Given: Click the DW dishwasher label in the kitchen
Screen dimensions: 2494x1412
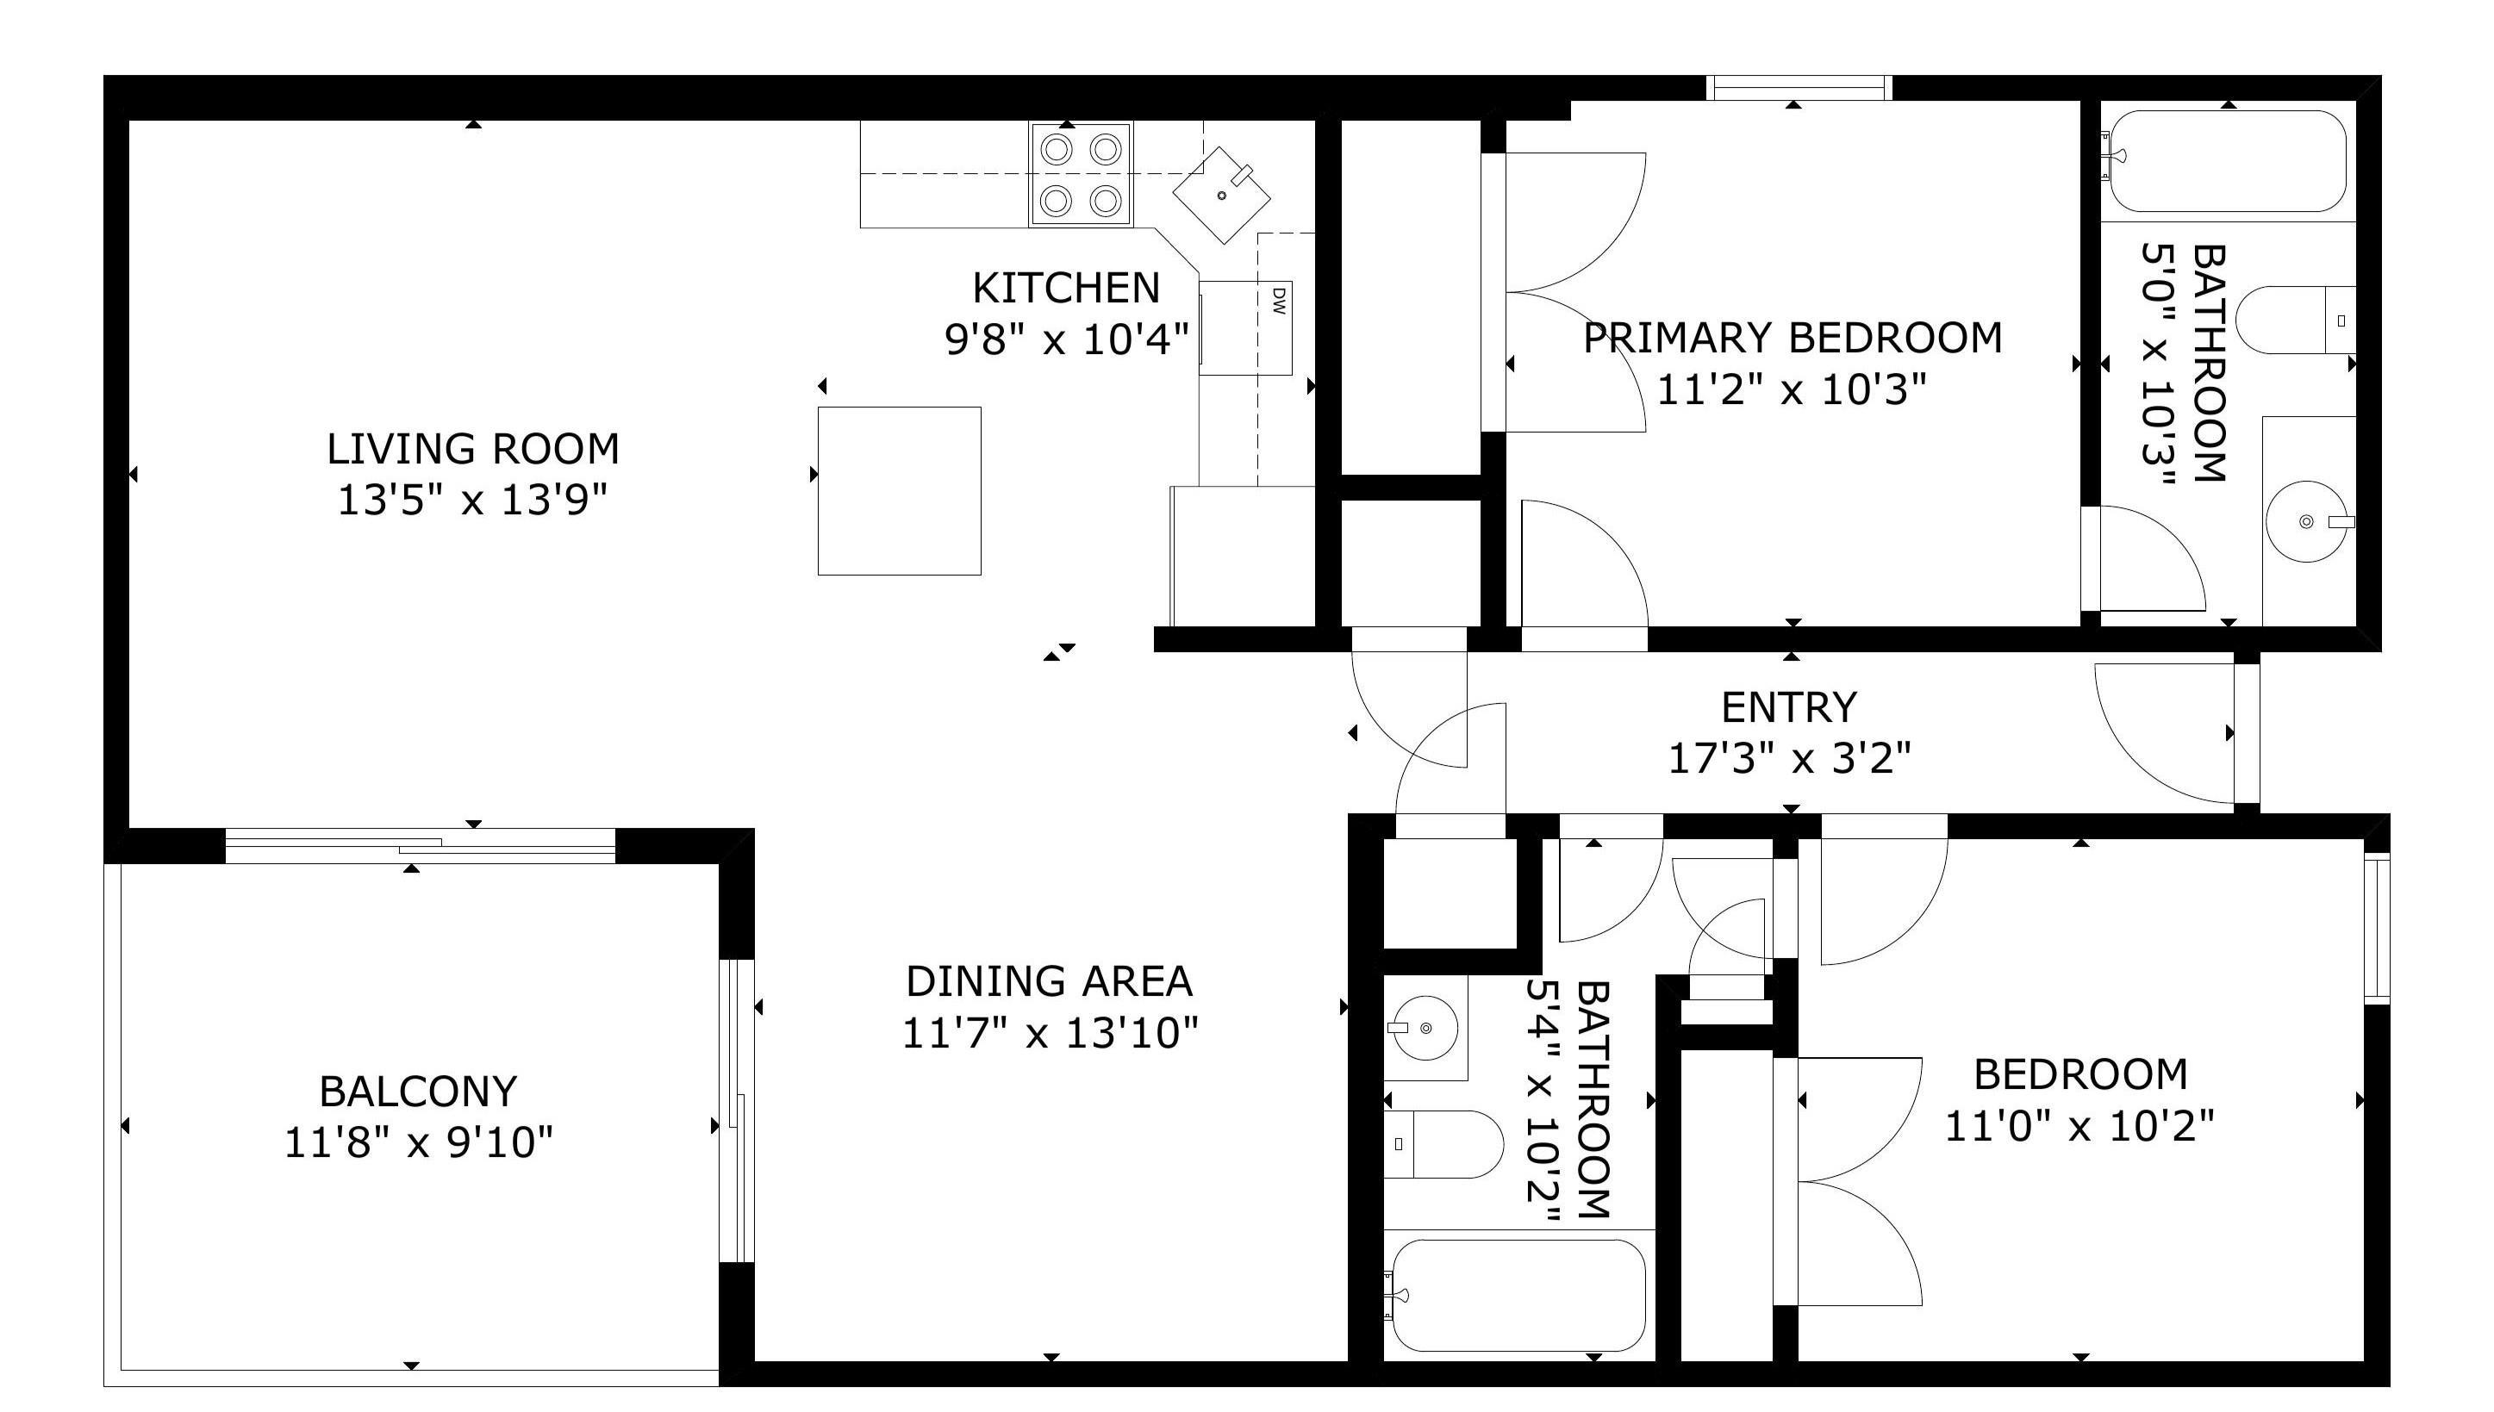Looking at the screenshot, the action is pos(1277,300).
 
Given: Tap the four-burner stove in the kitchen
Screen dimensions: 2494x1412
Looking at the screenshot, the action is pos(1081,175).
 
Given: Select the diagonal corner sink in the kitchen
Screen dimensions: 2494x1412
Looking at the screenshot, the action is pos(1222,195).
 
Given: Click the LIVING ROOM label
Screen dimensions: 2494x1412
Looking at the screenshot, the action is pos(472,449).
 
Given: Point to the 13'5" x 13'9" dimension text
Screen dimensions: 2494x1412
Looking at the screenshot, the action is pos(472,501).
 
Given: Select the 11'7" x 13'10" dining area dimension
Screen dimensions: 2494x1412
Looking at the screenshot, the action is pos(1050,1033).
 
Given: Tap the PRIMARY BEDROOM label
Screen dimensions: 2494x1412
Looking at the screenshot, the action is pos(1793,338).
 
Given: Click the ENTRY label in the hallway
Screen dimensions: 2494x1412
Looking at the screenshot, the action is pos(1789,707).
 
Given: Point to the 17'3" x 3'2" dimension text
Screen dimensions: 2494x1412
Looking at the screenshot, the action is pos(1789,758).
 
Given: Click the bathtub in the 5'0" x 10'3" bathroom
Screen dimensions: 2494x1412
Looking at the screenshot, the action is pos(2227,161).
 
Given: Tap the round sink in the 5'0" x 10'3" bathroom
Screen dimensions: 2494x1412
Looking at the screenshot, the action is pos(2306,522).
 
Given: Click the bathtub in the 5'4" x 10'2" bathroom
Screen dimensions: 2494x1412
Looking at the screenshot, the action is pos(1518,1296).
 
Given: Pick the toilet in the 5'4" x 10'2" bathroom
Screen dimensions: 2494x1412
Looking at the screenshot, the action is pos(1443,1144).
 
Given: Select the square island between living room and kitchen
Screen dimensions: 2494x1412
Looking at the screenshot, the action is pos(899,491).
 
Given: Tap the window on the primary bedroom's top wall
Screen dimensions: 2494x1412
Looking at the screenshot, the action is pos(1799,88).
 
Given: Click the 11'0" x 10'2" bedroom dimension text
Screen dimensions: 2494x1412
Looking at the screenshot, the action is pos(2079,1127).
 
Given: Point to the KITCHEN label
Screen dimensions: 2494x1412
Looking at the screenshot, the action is pos(1066,288).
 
